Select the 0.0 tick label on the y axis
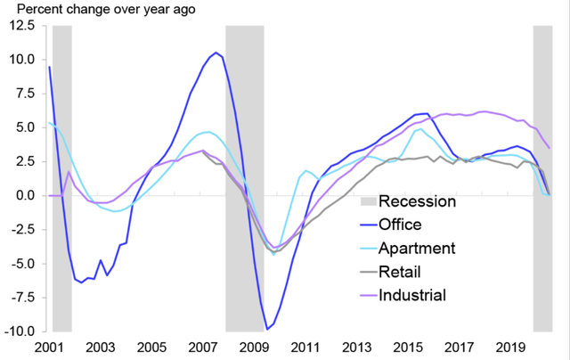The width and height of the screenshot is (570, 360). (x=25, y=195)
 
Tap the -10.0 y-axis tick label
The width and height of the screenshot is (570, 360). (x=19, y=331)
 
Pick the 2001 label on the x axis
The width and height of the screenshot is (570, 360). (x=49, y=347)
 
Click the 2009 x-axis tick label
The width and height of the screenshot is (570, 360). (x=255, y=347)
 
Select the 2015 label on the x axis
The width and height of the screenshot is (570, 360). (x=409, y=347)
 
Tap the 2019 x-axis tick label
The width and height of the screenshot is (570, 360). (x=511, y=347)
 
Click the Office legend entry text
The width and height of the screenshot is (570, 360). (x=402, y=225)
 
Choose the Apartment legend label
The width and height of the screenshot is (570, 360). (x=417, y=248)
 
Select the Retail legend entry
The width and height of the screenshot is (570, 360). (x=401, y=271)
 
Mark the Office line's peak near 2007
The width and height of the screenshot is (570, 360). (x=216, y=53)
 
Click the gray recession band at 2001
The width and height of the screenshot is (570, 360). (x=61, y=178)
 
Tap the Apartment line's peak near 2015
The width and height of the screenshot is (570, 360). (x=419, y=129)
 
